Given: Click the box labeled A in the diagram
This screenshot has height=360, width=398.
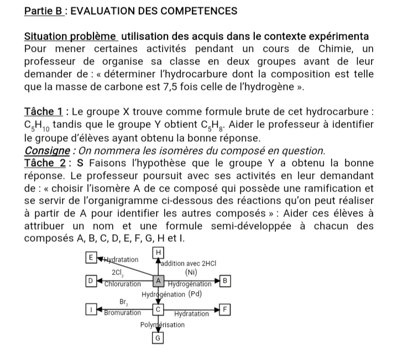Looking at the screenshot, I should (159, 280).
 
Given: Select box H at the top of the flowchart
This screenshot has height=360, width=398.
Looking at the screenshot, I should (159, 252).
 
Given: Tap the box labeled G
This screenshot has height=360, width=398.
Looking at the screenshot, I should (159, 338).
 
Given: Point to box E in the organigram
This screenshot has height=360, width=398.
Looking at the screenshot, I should (90, 258).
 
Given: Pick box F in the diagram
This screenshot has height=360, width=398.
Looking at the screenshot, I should (226, 309).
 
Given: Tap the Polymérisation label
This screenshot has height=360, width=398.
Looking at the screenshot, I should (162, 325).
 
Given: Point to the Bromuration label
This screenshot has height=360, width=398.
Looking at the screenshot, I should (123, 313).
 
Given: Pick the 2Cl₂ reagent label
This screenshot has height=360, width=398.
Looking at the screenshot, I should (119, 273).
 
